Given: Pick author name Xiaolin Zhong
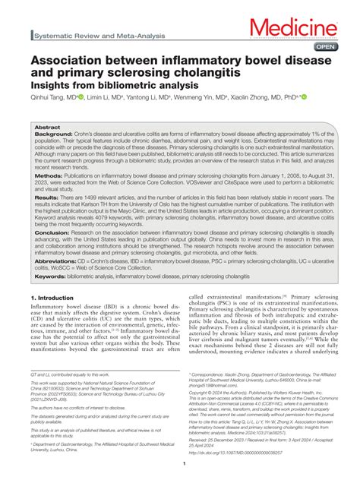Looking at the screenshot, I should coord(260,97).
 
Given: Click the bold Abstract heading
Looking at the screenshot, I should coord(47,128).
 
